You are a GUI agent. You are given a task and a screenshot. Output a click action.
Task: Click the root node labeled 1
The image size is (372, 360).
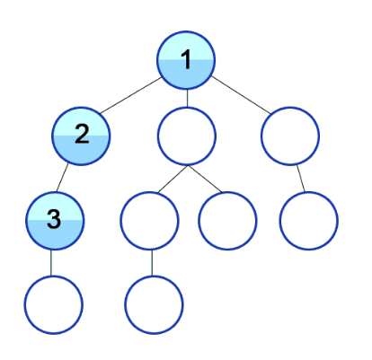coord(186,60)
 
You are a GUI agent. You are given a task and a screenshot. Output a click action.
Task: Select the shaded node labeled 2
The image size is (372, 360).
coord(81,136)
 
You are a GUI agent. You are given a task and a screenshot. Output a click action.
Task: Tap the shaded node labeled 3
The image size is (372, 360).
coord(54,221)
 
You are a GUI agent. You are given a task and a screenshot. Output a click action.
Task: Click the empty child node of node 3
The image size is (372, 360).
coord(53,305)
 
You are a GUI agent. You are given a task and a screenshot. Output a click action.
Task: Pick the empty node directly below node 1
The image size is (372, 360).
coord(187,136)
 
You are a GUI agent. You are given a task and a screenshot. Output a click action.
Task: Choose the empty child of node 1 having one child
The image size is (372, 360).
coord(290,136)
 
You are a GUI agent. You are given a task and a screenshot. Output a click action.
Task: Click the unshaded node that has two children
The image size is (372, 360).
coord(187,136)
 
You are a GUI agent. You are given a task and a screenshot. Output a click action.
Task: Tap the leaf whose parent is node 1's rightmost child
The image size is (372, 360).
coord(309,221)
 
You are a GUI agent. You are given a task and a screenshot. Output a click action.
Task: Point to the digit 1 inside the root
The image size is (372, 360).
coord(186,59)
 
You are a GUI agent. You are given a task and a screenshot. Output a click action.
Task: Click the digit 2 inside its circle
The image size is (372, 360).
coord(82,134)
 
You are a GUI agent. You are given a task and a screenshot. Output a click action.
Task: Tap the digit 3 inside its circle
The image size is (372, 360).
coord(54,219)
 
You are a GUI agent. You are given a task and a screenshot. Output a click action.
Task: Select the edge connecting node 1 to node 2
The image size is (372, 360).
coord(131,95)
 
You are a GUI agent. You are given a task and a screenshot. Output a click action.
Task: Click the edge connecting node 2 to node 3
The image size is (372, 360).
coord(62,178)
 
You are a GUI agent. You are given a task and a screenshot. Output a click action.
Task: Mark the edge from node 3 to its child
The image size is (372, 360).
coord(51,263)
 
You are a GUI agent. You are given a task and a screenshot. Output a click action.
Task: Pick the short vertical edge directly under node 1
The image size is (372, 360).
coord(187,98)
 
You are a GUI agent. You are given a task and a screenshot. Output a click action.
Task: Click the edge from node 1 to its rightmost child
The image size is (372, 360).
coord(241,95)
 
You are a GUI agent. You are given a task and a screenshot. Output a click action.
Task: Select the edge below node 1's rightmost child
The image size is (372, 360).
coord(301,179)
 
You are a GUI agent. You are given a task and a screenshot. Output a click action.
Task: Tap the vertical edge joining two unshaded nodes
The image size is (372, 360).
coord(152,263)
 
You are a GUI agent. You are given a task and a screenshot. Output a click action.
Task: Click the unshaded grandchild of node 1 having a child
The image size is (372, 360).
coord(149,221)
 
